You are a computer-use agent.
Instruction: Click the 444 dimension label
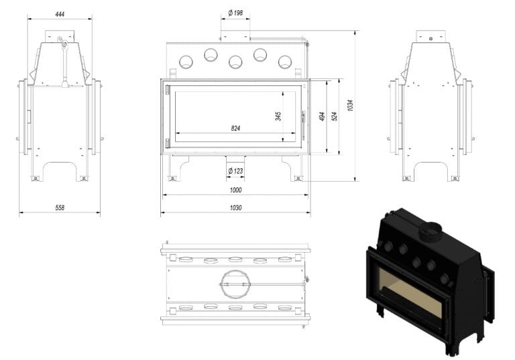[60, 14]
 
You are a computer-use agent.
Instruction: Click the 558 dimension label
[60, 208]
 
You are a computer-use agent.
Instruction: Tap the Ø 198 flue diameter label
[235, 13]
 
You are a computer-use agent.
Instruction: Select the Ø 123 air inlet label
[235, 171]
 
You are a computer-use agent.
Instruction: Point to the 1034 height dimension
[350, 105]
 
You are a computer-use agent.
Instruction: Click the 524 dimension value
[335, 116]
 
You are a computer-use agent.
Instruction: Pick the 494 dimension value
[322, 116]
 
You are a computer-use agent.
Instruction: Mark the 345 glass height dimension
[278, 116]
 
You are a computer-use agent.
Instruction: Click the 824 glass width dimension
[235, 129]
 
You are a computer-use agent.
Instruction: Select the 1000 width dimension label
[235, 190]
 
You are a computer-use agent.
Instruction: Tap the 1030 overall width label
[235, 208]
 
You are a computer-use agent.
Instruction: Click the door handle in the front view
[304, 125]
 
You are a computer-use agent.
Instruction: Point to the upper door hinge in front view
[167, 90]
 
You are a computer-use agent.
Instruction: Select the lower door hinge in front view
[167, 143]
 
